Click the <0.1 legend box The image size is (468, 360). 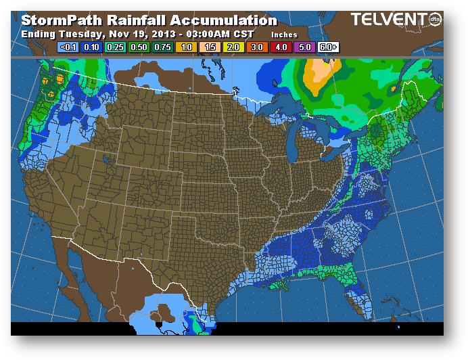click(x=68, y=47)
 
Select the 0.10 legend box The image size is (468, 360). click(x=91, y=47)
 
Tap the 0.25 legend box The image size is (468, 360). click(x=115, y=47)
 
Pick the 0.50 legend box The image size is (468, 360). click(x=139, y=47)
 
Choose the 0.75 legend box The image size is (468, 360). click(x=162, y=47)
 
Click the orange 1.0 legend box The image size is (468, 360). click(x=186, y=47)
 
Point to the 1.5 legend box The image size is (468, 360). click(x=210, y=47)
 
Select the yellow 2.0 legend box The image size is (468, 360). click(x=233, y=47)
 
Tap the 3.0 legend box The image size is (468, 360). click(x=258, y=47)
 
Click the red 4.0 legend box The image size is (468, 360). click(x=281, y=47)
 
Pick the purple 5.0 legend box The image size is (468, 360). click(x=305, y=47)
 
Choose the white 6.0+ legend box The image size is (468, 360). click(x=329, y=47)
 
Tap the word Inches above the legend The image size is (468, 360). click(x=283, y=34)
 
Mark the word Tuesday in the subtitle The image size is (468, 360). click(x=76, y=33)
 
